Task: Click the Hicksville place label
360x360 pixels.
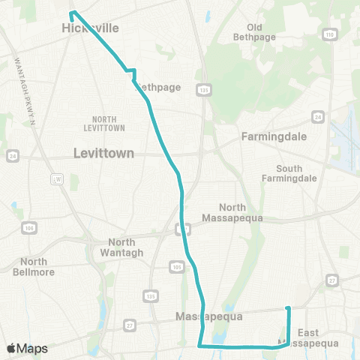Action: coord(89,28)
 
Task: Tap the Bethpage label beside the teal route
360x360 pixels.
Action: coord(159,87)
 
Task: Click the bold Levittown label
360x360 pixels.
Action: coord(103,152)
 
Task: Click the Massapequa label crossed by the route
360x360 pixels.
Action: coord(209,316)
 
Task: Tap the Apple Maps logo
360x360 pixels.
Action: coord(27,349)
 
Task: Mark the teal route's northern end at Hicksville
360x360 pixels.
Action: coord(72,13)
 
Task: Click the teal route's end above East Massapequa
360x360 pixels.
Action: coord(289,308)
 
